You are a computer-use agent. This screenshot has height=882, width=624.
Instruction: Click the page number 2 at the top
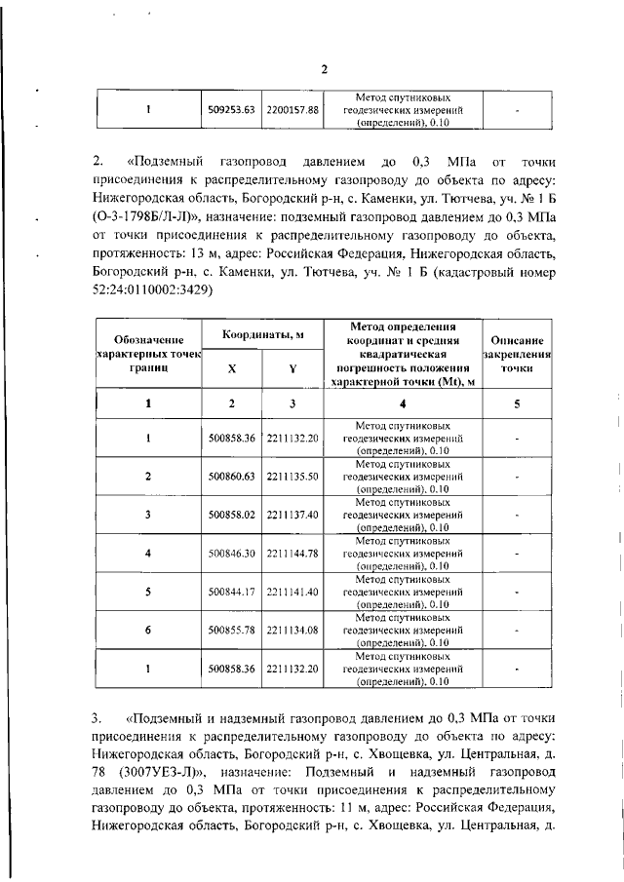325,68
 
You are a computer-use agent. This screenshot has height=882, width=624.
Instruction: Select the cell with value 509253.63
231,110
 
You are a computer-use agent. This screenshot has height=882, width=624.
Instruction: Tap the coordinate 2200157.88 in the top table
292,110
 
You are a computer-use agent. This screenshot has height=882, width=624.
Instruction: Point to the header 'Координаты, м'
262,335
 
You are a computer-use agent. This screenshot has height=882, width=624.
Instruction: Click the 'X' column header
231,370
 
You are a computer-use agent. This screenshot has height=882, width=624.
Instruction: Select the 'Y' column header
292,370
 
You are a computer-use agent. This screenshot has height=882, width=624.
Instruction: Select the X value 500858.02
231,514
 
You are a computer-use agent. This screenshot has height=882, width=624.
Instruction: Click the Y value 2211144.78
292,553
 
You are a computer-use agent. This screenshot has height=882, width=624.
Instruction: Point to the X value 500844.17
231,592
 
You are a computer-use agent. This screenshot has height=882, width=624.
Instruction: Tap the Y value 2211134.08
292,630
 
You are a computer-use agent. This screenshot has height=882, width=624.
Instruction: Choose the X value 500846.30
231,553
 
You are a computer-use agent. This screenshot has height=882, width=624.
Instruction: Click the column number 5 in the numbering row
517,403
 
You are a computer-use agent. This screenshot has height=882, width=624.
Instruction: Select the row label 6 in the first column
147,630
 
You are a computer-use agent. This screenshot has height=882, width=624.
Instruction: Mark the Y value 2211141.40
292,592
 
